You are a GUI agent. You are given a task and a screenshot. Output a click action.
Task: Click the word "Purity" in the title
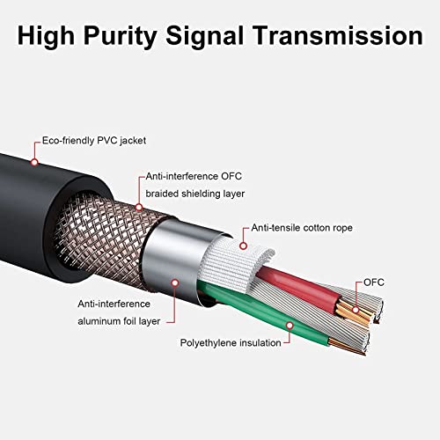tap(121, 37)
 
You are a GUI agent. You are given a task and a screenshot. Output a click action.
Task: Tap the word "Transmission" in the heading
tap(338, 35)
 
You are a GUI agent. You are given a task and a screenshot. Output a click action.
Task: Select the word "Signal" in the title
tap(205, 37)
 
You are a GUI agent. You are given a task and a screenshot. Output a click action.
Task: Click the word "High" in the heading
tap(46, 37)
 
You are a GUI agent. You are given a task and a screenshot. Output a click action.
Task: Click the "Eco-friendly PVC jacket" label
tap(94, 141)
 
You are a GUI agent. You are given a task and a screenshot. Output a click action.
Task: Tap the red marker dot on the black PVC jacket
tap(34, 162)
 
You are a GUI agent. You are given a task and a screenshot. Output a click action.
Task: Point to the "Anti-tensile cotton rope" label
tap(302, 228)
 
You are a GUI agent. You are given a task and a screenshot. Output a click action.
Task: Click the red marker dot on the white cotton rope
tap(243, 246)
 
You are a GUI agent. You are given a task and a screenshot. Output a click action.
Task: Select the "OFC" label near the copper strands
tap(374, 282)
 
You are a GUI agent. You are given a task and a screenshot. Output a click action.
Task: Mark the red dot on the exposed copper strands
tap(356, 310)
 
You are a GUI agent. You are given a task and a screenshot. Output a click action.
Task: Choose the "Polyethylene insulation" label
tap(231, 343)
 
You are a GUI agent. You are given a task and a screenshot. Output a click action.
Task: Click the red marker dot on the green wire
tap(290, 326)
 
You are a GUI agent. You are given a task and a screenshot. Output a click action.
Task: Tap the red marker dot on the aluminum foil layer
tap(175, 283)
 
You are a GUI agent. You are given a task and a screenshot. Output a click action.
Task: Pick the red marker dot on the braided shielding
tap(139, 208)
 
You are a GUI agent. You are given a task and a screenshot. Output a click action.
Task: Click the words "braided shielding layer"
tap(195, 194)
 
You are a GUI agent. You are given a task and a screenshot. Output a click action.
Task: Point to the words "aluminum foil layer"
tap(119, 321)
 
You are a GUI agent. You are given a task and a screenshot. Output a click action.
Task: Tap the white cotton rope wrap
tap(235, 264)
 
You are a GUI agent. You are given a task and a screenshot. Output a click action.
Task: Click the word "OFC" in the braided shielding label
tap(231, 176)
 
